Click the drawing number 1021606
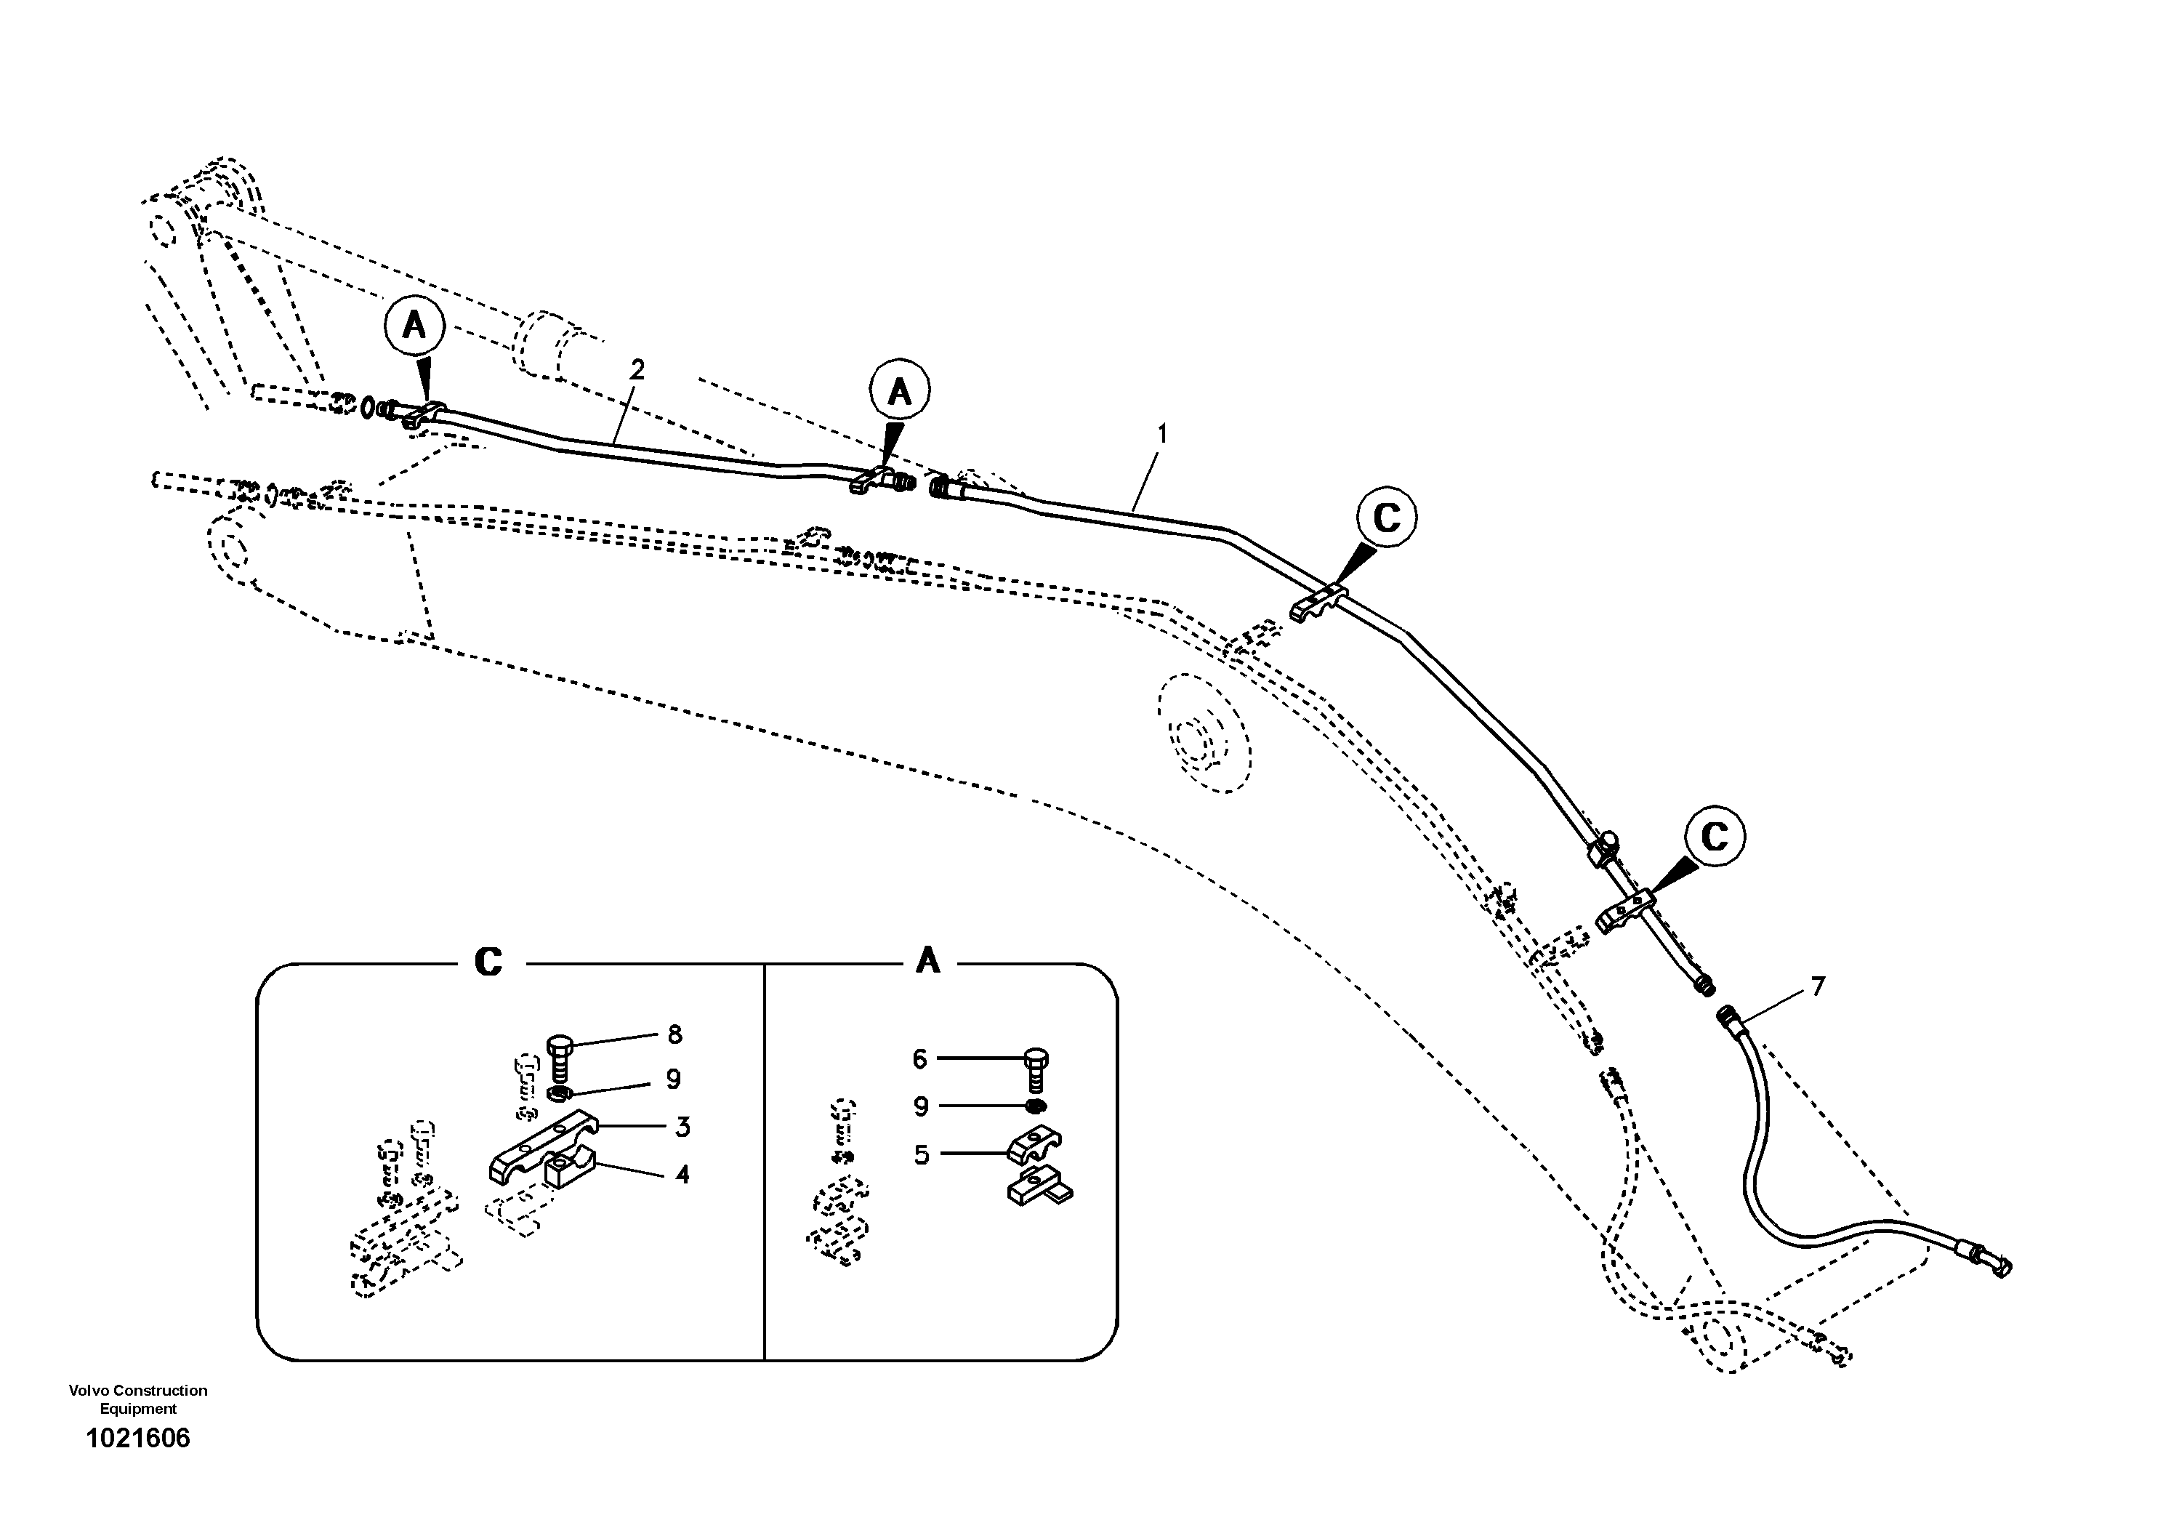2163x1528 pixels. (137, 1439)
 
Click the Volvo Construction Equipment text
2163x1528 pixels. (137, 1399)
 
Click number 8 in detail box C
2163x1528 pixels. (674, 1034)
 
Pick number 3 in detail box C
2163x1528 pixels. (682, 1127)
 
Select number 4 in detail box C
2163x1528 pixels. (682, 1175)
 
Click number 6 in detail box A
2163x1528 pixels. (920, 1059)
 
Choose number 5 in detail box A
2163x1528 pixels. (922, 1154)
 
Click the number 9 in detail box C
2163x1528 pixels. (672, 1079)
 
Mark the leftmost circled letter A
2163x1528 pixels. (414, 326)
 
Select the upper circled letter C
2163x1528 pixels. (1387, 516)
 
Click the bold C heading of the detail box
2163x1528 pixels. (488, 962)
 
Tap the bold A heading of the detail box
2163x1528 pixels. (928, 962)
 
